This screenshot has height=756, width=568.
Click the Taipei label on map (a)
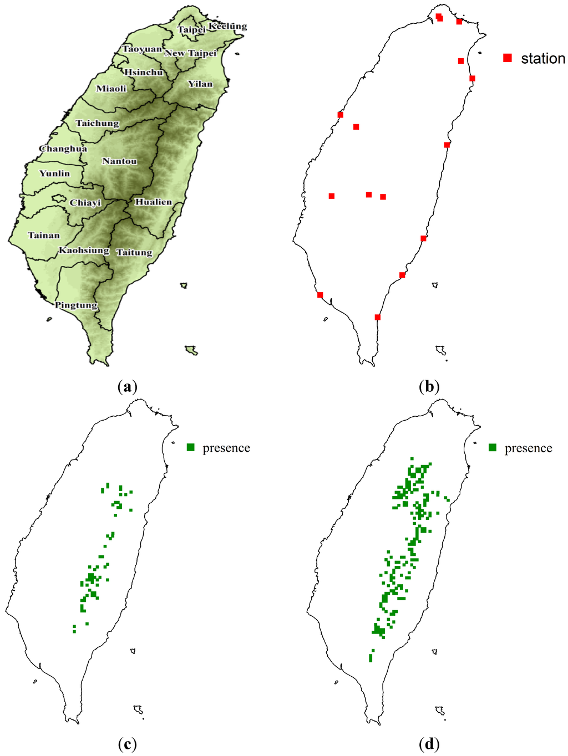click(x=191, y=29)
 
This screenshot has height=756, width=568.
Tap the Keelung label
click(x=227, y=26)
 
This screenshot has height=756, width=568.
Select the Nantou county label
click(x=119, y=161)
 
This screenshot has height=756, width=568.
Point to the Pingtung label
click(x=76, y=305)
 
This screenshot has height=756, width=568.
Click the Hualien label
click(x=154, y=202)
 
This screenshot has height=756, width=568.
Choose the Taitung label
click(x=134, y=252)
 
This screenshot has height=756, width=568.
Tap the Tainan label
click(x=44, y=235)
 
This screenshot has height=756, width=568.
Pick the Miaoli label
click(x=111, y=88)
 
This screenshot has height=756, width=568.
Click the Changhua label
click(x=63, y=149)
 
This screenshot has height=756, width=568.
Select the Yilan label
click(x=200, y=84)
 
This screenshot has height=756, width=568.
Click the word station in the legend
click(x=542, y=58)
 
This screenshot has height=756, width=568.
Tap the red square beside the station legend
click(x=507, y=58)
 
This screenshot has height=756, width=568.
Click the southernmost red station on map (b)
click(x=378, y=317)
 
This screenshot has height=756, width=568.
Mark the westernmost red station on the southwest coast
click(x=320, y=295)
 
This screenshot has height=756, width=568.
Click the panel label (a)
click(x=128, y=386)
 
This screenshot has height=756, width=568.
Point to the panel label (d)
click(x=429, y=743)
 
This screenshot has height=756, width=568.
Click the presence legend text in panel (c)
click(x=226, y=448)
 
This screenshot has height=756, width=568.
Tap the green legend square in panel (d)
click(x=493, y=447)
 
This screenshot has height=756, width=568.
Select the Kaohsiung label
click(x=84, y=250)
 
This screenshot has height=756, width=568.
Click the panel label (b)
click(x=429, y=386)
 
